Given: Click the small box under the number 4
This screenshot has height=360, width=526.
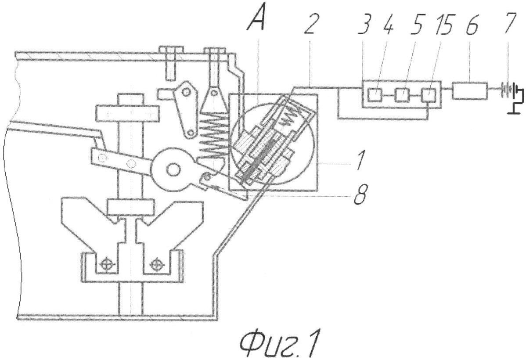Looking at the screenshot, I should coord(376,94).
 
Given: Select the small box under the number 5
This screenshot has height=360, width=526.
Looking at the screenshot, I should coord(401,94).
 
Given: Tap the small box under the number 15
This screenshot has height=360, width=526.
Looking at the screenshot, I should coord(429,94).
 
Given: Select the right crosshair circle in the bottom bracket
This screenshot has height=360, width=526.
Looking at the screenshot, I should coord(157,265).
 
